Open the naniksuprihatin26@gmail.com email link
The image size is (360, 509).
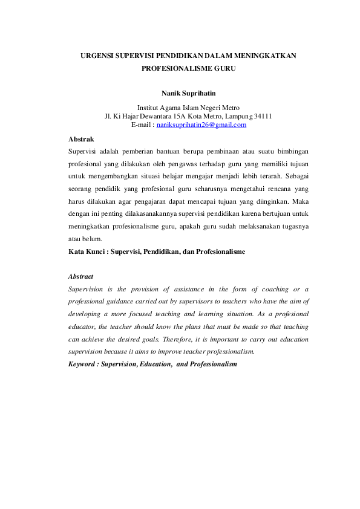pos(201,125)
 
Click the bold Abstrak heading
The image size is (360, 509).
pos(81,139)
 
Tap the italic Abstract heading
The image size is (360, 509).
pos(81,276)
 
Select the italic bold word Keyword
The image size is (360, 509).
pos(82,365)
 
